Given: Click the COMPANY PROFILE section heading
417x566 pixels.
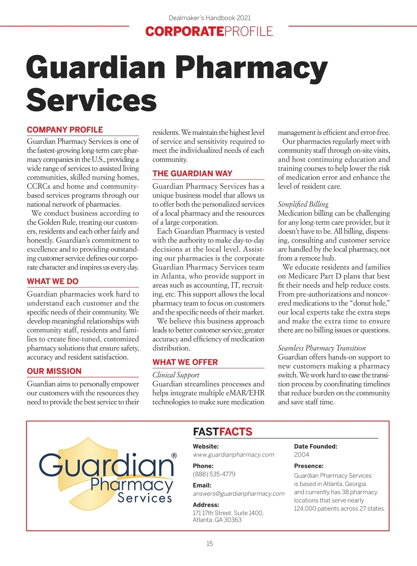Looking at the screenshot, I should click(65, 130).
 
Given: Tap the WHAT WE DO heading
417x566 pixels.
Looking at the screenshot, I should click(53, 281).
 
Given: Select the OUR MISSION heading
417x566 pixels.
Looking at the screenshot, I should click(54, 371).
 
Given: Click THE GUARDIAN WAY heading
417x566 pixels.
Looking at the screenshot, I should click(193, 174).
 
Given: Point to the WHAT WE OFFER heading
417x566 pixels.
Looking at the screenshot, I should click(185, 362).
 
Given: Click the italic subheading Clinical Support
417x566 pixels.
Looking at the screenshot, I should click(176, 375).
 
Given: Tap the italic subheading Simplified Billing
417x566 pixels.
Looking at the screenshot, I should click(303, 204).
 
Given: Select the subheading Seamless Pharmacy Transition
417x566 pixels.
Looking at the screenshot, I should click(322, 348).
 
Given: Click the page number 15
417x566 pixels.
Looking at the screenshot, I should click(210, 543).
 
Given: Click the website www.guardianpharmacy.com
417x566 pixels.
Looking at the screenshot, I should click(234, 455).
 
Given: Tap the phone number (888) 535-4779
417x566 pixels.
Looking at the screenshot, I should click(214, 474).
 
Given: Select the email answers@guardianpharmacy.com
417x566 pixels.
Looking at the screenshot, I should click(239, 494).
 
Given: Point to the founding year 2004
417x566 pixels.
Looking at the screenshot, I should click(301, 455).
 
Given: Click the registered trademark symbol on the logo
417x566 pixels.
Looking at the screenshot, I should click(174, 456).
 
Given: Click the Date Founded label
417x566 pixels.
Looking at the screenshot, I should click(316, 446).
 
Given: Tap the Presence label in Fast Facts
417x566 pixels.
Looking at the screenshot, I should click(309, 466).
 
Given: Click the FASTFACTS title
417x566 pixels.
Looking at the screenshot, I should click(223, 432).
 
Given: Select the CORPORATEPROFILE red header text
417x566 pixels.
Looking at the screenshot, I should click(209, 31).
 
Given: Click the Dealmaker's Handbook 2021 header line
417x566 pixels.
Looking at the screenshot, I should click(210, 18).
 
